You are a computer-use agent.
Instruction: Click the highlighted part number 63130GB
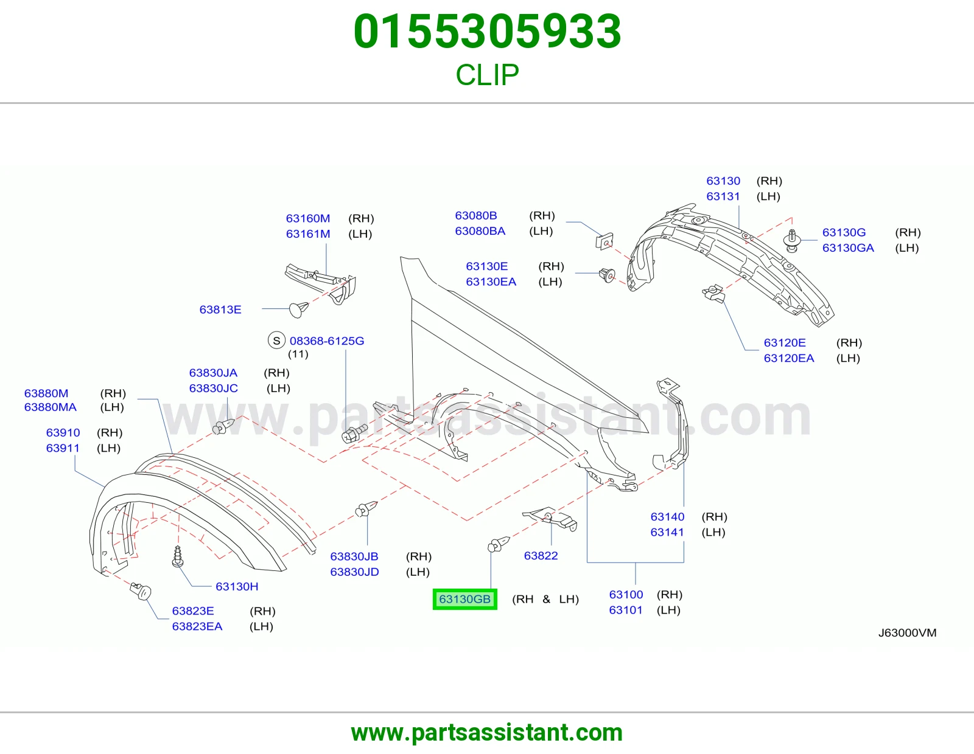click(x=465, y=599)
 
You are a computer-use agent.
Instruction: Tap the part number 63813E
click(x=220, y=310)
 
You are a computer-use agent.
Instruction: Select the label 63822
click(x=541, y=556)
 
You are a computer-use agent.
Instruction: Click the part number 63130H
click(x=237, y=587)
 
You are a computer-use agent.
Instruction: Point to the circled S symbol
click(x=276, y=341)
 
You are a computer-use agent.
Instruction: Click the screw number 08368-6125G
click(x=327, y=341)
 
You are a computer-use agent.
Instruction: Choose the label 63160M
click(x=308, y=218)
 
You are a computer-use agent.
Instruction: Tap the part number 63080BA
click(x=480, y=231)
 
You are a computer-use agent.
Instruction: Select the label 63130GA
click(x=848, y=248)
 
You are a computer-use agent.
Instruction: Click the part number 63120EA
click(x=789, y=358)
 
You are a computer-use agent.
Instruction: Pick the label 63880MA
click(x=50, y=407)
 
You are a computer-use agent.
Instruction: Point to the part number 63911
click(x=63, y=448)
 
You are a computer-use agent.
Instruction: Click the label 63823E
click(x=193, y=611)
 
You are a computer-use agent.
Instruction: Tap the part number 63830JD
click(x=354, y=572)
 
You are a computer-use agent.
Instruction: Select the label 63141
click(x=667, y=533)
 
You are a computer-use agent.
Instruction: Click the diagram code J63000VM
click(x=907, y=632)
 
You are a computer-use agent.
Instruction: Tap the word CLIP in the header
click(x=487, y=75)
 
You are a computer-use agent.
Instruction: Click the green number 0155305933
click(x=487, y=31)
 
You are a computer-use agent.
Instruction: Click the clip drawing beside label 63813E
click(x=298, y=310)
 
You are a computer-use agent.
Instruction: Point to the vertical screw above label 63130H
click(x=178, y=556)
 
